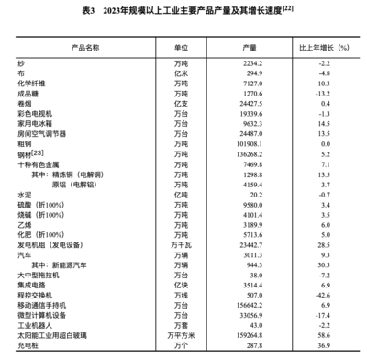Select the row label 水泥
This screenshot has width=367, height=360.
pos(24,195)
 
